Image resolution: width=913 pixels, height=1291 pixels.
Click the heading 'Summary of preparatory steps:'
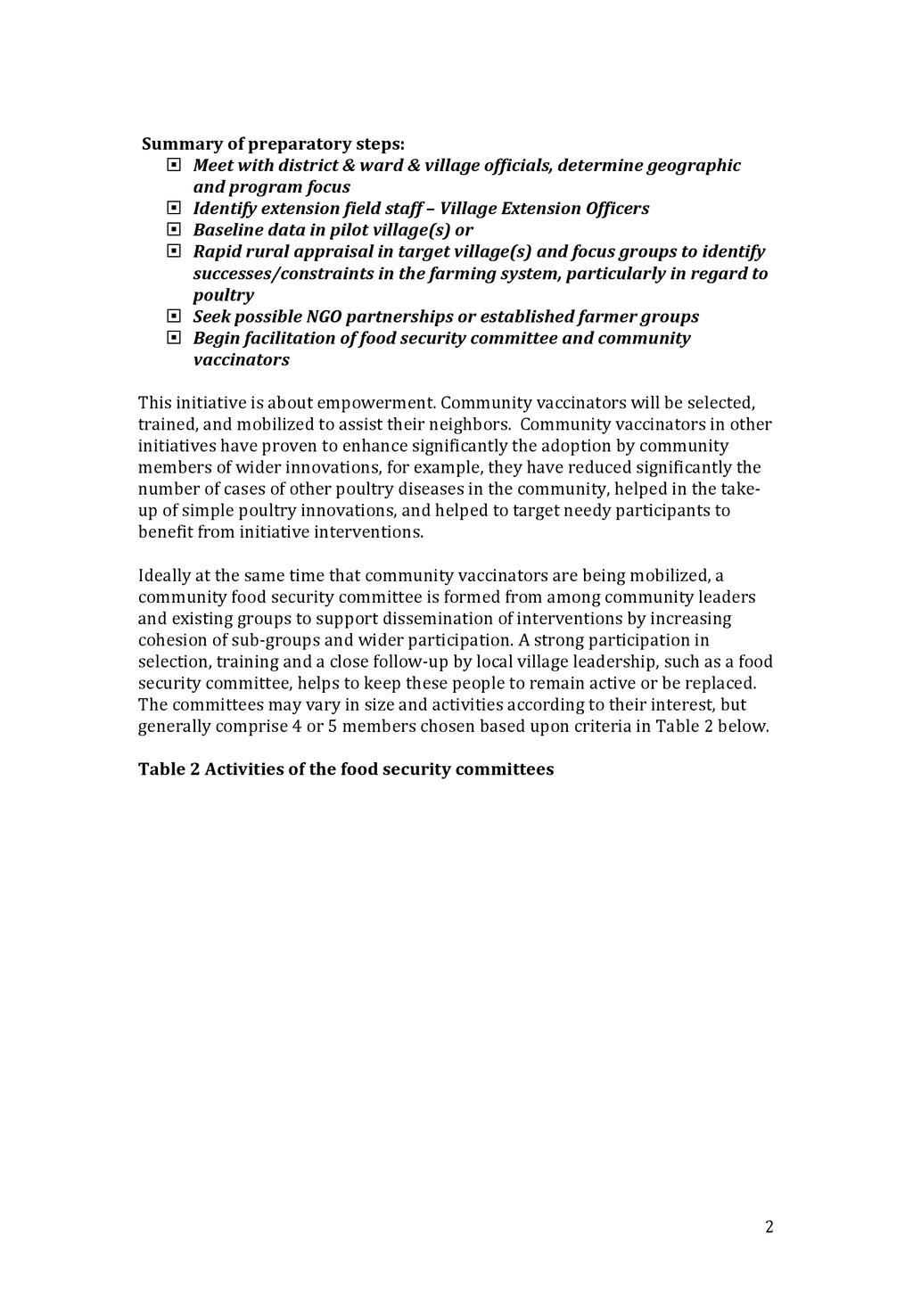click(273, 144)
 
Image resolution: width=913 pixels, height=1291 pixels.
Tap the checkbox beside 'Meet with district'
click(173, 165)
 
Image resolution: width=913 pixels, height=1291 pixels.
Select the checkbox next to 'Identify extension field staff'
click(173, 208)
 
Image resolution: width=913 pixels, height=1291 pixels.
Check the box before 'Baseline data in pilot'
click(173, 229)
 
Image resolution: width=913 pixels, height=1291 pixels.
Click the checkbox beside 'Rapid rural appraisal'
click(173, 251)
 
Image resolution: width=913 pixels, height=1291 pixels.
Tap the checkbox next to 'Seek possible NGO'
click(173, 317)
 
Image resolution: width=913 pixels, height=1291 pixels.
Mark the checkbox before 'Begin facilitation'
click(173, 338)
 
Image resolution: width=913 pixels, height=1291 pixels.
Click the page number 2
click(769, 1227)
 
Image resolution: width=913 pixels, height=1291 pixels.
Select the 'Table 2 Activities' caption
click(346, 769)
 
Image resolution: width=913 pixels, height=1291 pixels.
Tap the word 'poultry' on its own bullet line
click(223, 295)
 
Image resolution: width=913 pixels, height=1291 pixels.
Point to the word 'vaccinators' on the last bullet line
click(241, 360)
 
